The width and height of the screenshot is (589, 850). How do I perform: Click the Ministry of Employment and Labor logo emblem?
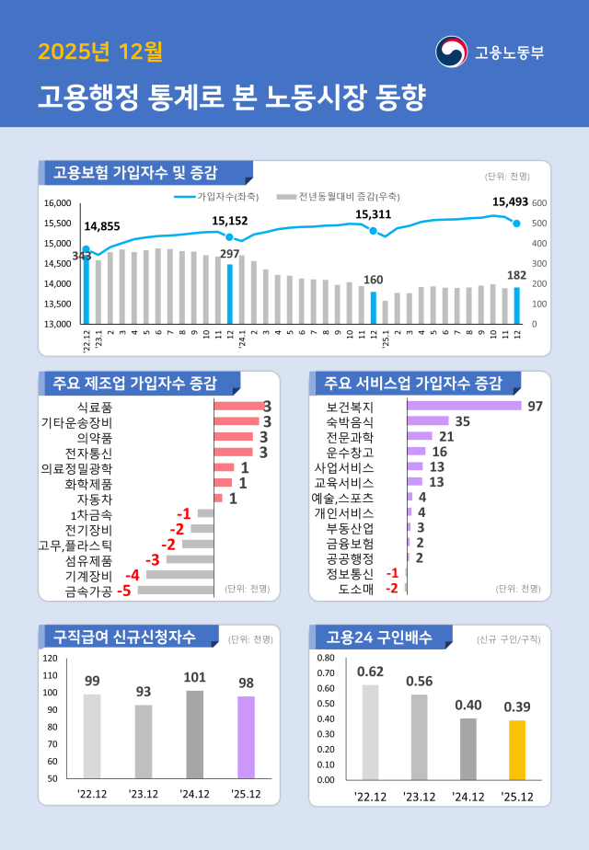[x=451, y=52]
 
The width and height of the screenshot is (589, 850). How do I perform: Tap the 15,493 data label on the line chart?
[x=510, y=201]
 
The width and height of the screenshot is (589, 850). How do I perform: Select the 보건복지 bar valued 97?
[x=464, y=406]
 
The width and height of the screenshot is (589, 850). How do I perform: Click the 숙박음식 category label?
[x=350, y=421]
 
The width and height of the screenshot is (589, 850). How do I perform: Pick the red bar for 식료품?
[x=238, y=406]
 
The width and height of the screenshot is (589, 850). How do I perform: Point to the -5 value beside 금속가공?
[x=122, y=591]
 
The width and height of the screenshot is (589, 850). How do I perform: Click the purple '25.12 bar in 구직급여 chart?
[x=246, y=737]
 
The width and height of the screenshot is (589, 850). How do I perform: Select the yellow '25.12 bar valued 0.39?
[x=517, y=750]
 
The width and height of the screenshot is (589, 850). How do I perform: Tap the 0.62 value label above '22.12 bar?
[x=370, y=670]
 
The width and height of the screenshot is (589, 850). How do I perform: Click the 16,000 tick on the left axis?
[x=58, y=202]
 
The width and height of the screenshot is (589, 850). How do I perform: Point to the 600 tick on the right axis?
[x=539, y=202]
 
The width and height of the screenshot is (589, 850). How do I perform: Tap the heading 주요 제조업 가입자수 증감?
[x=134, y=383]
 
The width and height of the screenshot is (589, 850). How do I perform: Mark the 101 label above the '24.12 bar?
[x=194, y=677]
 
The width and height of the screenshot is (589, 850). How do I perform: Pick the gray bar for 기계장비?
[x=179, y=575]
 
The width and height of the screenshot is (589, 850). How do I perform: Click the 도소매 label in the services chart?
[x=355, y=589]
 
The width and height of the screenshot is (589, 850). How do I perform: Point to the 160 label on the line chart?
[x=373, y=280]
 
